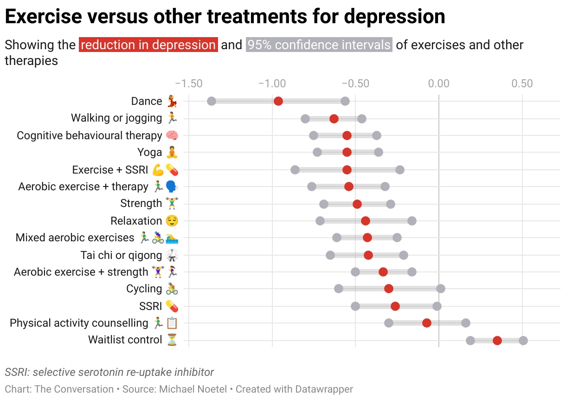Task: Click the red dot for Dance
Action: pos(278,101)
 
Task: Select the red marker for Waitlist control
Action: pos(497,341)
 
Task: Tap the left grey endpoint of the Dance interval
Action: pos(212,101)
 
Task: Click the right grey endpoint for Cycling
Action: pos(440,289)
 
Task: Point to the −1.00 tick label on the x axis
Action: pos(272,84)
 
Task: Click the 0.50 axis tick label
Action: pos(522,84)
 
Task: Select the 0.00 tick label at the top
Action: pos(438,84)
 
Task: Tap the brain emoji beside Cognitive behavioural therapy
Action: pos(172,135)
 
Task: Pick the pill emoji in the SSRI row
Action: pos(172,306)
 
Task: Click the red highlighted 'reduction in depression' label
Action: pos(148,45)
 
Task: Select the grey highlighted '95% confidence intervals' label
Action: pos(319,45)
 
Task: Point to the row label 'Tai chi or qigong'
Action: pos(121,255)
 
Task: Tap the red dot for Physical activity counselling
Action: pos(427,323)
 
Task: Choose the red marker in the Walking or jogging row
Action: pos(334,119)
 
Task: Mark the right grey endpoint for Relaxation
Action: pos(412,221)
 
